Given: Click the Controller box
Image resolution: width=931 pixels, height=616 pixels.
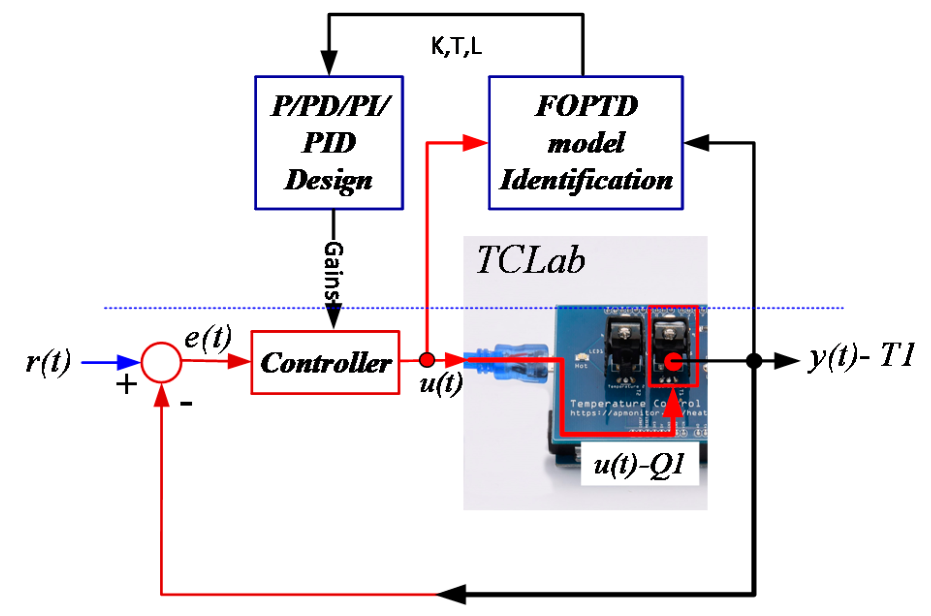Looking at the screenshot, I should (325, 362).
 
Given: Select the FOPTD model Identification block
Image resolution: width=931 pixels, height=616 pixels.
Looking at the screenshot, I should (586, 143).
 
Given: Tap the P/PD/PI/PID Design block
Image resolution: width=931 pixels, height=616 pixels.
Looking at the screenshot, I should (329, 143).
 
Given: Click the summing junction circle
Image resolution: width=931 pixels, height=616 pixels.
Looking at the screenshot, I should (161, 362).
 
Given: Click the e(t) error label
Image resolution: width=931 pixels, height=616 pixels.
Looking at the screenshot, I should (208, 338).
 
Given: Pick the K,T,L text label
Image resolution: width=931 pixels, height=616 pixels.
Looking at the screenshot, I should (456, 46).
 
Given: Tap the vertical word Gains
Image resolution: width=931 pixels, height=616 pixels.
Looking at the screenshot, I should (333, 271).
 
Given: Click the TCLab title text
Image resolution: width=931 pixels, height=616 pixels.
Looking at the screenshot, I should (531, 261).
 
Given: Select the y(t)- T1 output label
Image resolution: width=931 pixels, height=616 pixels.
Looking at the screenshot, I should (861, 356).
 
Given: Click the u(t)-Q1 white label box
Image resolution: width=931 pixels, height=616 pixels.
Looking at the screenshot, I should (639, 465).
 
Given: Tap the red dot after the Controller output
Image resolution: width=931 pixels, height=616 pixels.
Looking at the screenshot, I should (427, 360).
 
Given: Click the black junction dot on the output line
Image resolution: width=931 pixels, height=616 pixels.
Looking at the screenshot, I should (754, 361).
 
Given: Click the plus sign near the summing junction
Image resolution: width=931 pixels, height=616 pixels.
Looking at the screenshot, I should (126, 385).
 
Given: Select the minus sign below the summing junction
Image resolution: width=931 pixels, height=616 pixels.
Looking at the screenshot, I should (186, 403).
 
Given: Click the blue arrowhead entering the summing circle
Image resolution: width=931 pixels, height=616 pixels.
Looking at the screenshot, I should (129, 362).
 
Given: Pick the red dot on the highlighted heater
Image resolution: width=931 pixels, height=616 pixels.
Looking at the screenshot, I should (673, 361).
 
